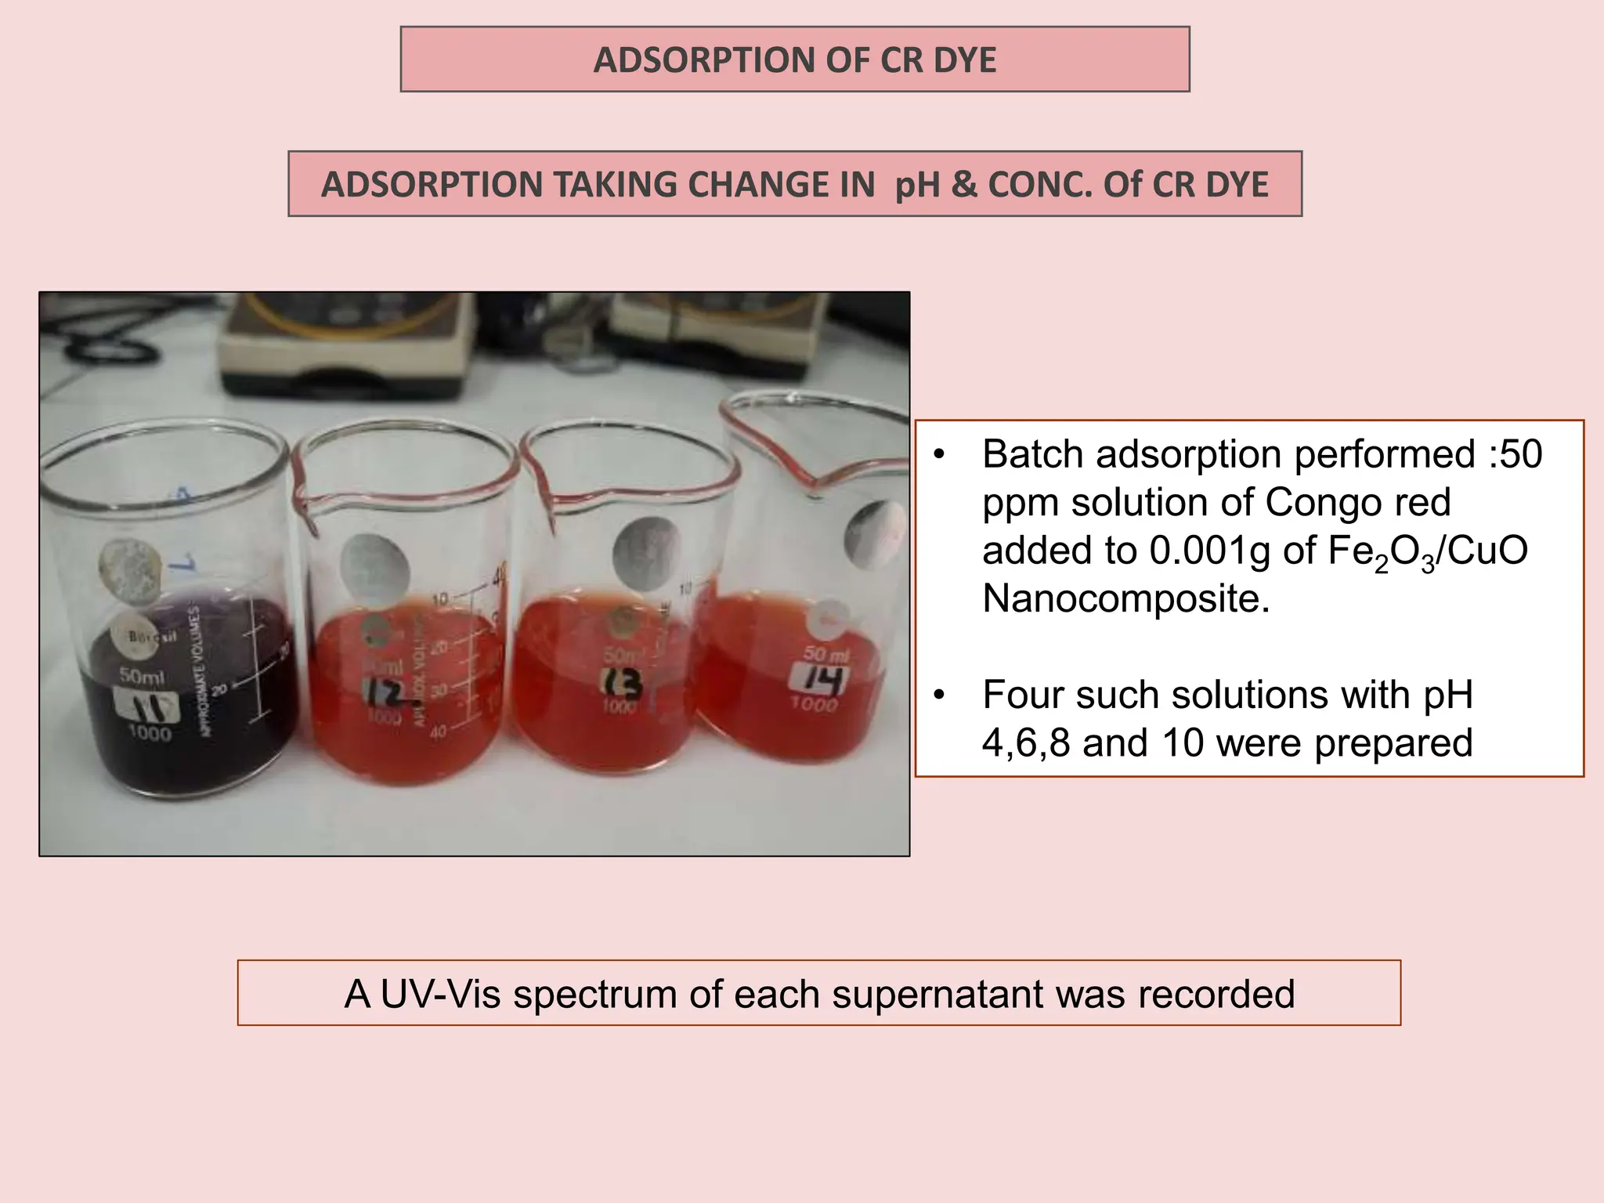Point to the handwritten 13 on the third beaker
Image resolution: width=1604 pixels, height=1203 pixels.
pos(623,683)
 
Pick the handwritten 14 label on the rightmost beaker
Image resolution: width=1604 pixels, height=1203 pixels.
pos(818,677)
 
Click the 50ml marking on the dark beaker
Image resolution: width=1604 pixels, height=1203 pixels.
pos(141,674)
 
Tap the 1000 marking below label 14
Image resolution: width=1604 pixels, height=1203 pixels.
pos(815,704)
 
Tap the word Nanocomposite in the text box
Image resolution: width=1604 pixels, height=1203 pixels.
pos(1125,599)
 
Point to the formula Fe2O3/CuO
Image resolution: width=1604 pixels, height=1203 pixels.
pos(1427,551)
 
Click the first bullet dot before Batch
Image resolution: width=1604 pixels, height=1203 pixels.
pos(940,455)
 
